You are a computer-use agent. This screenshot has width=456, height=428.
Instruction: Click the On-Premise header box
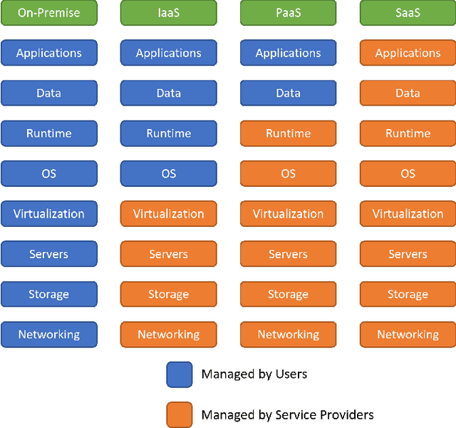pos(48,13)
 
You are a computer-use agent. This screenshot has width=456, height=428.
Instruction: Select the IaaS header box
pos(168,13)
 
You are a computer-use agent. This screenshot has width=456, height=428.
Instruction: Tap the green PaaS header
pos(288,13)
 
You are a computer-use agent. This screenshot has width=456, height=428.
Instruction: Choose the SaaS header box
pos(408,13)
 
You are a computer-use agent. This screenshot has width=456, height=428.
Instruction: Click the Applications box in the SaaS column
pos(408,53)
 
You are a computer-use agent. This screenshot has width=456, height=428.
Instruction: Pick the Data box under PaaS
pos(288,93)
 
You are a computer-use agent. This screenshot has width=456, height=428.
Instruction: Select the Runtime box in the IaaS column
pos(168,133)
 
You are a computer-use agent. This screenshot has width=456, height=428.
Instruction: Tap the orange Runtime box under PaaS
pos(288,133)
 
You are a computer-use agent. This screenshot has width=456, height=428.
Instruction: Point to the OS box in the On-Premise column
pos(48,173)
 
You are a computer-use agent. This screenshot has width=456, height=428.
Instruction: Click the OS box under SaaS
pos(408,173)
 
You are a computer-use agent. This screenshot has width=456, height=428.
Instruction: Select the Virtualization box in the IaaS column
pos(168,213)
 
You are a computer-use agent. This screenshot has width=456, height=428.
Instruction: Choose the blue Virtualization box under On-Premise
pos(48,213)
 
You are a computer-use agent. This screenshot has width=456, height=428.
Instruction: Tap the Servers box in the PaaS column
pos(288,254)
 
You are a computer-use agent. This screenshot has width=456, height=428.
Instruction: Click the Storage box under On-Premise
pos(48,294)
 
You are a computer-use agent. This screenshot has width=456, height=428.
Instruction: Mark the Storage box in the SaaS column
pos(408,294)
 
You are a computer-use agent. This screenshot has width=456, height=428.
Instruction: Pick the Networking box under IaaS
pos(168,334)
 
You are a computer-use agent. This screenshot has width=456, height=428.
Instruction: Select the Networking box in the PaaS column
pos(288,334)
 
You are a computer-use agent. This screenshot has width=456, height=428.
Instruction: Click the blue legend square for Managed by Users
pos(179,374)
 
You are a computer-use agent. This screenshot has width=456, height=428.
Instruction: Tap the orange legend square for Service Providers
pos(179,414)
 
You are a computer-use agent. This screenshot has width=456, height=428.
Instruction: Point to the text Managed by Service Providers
pos(287,414)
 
